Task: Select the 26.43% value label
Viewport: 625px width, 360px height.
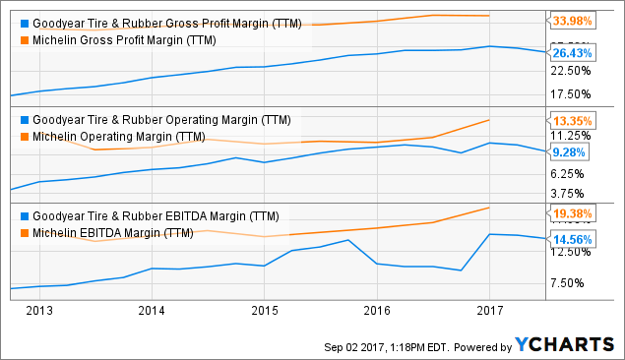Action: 575,53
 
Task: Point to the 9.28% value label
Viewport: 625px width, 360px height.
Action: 572,152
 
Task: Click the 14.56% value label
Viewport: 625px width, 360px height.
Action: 575,239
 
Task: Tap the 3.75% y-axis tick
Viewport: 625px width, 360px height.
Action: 572,194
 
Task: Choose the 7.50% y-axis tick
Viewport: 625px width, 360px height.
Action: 572,283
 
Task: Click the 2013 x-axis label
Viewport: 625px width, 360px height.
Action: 38,311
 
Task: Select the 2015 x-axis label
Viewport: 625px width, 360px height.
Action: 263,311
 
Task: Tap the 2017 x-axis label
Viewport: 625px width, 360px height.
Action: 489,311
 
